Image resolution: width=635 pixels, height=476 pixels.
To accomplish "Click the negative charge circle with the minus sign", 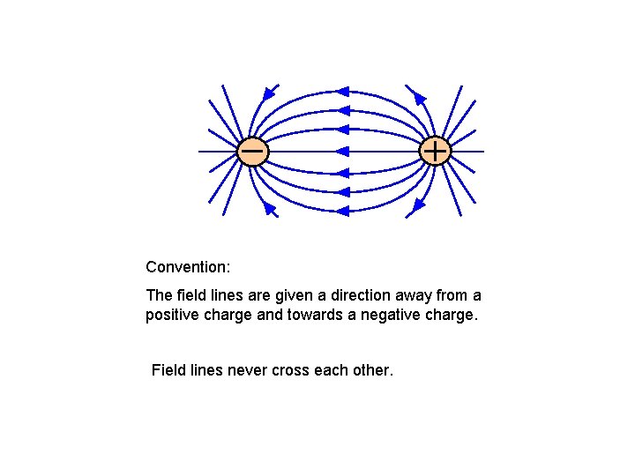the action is (252, 152).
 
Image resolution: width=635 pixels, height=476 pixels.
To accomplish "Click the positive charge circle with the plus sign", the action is (435, 152).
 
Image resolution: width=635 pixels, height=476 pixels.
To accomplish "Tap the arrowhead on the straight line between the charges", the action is (343, 152).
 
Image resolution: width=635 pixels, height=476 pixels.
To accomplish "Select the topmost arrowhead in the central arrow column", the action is (343, 91).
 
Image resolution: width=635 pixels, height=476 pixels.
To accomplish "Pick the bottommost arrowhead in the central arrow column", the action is (343, 211).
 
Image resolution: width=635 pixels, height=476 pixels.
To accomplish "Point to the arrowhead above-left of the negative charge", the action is (270, 92).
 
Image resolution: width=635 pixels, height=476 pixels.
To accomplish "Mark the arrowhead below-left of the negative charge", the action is (270, 209).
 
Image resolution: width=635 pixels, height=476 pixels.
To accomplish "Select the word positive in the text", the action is (172, 315).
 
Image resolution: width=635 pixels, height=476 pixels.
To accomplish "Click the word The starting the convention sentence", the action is (159, 295).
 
